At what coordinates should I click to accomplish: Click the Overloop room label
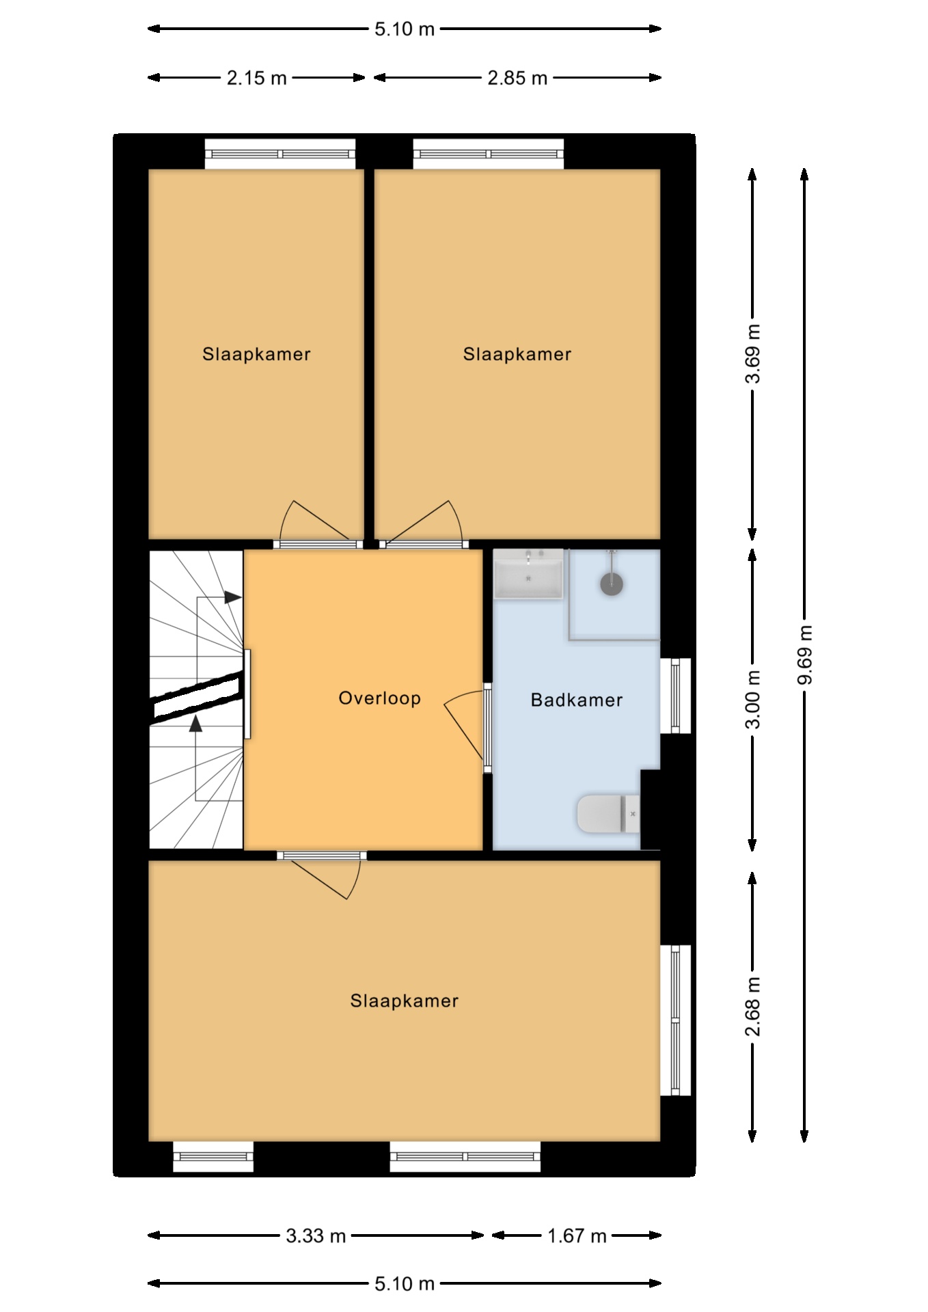tap(379, 698)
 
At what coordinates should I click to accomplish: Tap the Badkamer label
tap(577, 700)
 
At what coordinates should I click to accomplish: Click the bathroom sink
tap(529, 574)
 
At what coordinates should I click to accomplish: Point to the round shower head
tap(612, 584)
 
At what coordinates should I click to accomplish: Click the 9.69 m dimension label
tap(805, 655)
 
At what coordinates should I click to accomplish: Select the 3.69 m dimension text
tap(752, 354)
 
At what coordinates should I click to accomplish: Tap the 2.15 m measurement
tap(257, 78)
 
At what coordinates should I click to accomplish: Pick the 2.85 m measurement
tap(517, 78)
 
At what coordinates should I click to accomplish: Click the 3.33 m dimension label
tap(316, 1235)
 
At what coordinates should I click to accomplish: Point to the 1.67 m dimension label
tap(577, 1235)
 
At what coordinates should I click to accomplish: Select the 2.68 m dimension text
tap(752, 1007)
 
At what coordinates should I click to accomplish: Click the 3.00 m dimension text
tap(752, 699)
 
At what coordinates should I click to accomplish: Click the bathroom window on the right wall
tap(675, 696)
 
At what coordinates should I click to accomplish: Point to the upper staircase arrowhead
tap(233, 597)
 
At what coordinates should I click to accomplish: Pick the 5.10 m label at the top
tap(405, 29)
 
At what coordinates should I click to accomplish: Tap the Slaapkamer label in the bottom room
tap(405, 1001)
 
